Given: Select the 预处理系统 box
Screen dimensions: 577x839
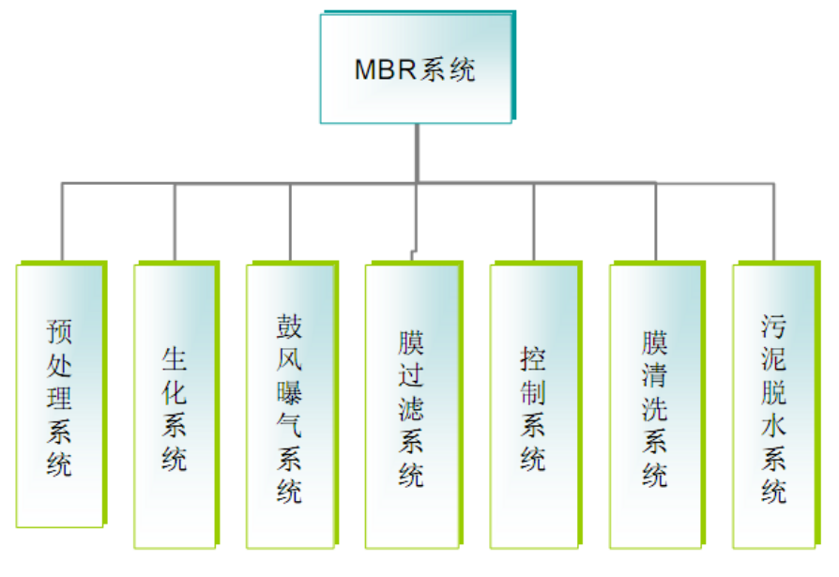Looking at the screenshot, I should pos(59,394).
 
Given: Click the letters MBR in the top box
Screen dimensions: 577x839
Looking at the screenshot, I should pos(384,70).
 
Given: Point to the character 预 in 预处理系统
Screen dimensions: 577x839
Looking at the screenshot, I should pos(59,332).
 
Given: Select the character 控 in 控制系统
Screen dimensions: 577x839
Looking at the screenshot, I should pos(533,359).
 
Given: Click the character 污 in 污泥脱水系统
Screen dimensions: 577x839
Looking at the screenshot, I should pos(774,327).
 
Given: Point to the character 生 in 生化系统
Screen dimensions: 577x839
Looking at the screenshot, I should pos(175,359).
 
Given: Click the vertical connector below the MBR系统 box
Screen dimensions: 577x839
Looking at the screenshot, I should pos(417,152).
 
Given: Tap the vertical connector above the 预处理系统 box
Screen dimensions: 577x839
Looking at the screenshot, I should pos(62,220).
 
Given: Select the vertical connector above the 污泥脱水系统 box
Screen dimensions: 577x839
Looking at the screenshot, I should pos(774,220).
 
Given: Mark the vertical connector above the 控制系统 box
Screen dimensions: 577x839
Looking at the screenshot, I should pos(534,220).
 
